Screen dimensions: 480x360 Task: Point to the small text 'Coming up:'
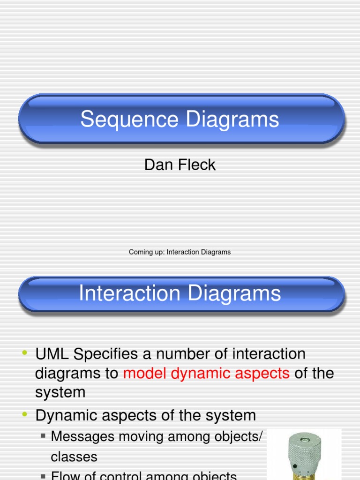[147, 252]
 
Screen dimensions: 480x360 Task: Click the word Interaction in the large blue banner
[129, 294]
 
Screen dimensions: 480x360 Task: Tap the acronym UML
[52, 354]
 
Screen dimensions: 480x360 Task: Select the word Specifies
[112, 354]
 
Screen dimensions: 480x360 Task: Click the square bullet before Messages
[43, 436]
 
